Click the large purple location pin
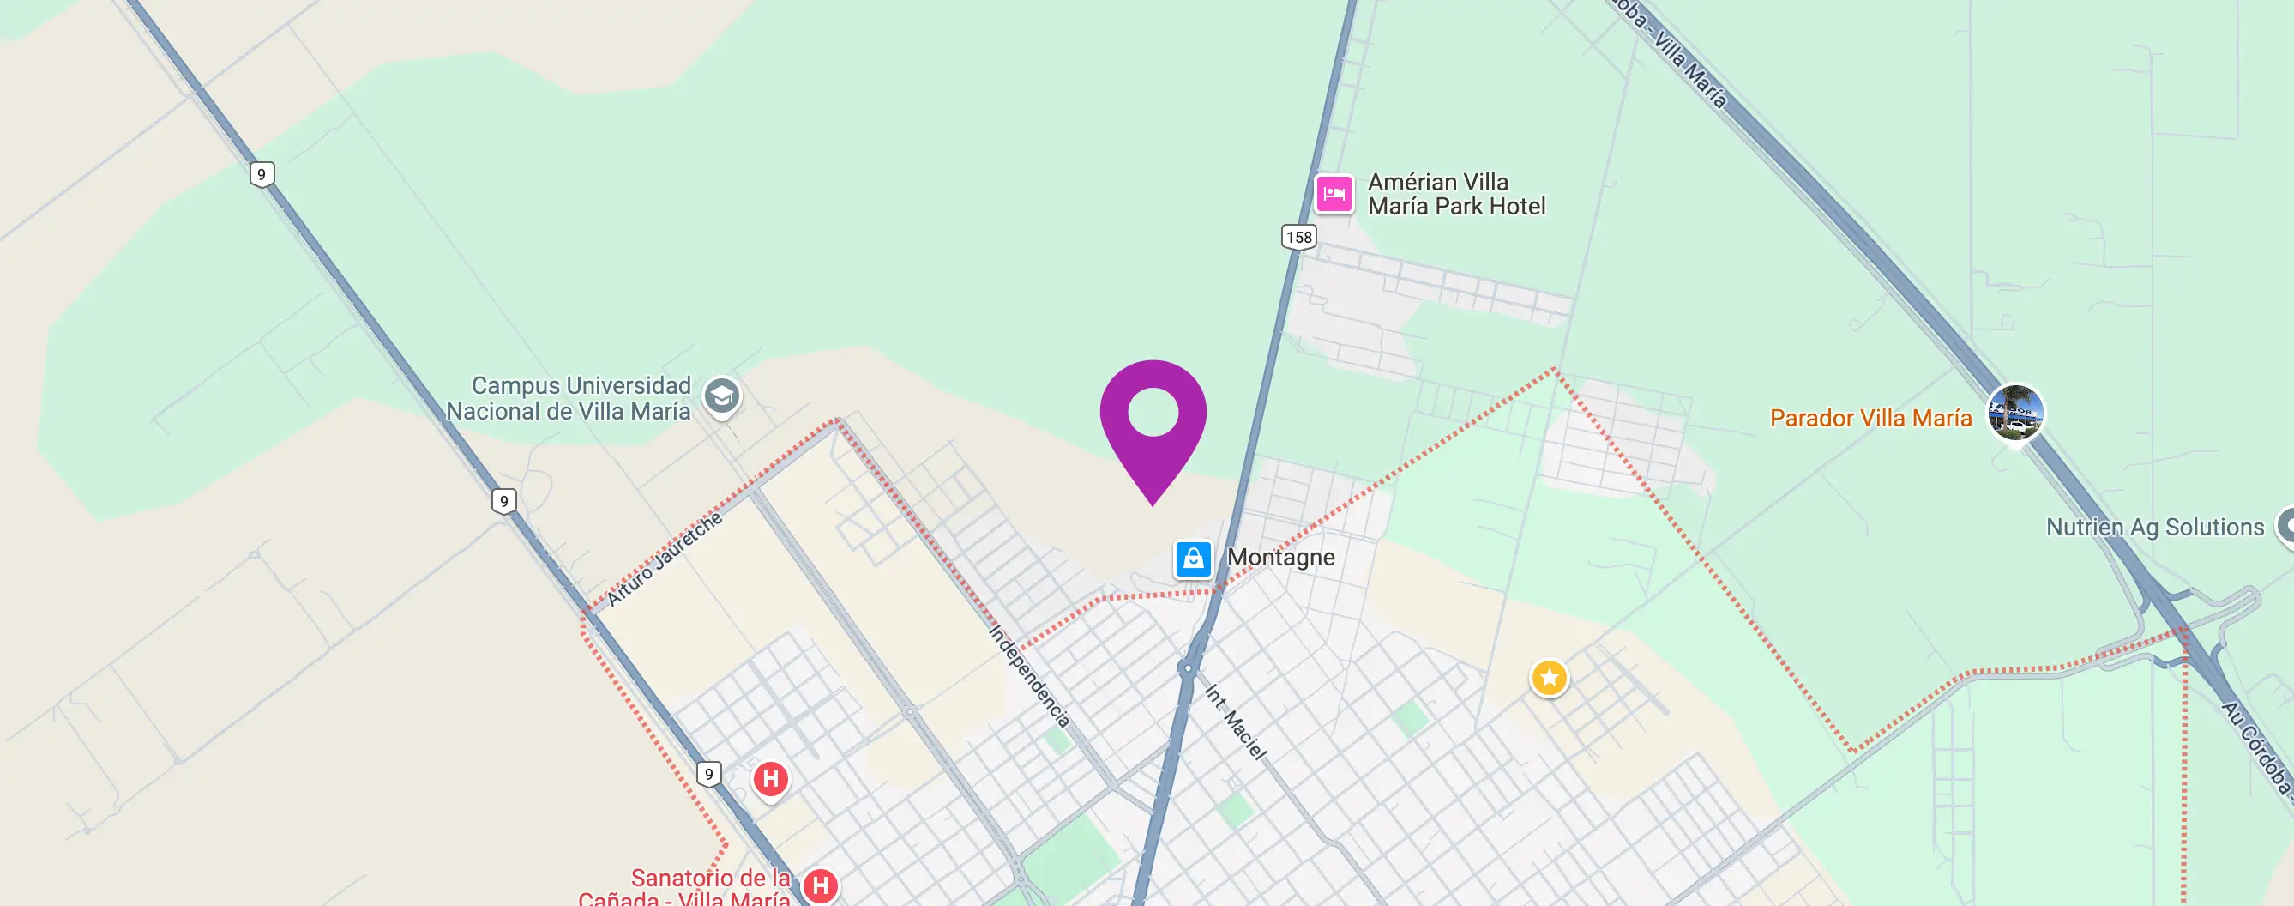[1153, 419]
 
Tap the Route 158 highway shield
[1298, 237]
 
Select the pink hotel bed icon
[1334, 193]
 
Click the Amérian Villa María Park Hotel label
[1455, 194]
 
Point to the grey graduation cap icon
[721, 396]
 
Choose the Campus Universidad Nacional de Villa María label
[569, 398]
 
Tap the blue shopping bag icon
[1192, 559]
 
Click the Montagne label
[1280, 558]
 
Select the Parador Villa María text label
[1870, 418]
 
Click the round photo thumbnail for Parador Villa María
[2015, 413]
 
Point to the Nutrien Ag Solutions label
[2154, 528]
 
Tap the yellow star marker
[1549, 678]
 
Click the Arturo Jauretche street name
[665, 559]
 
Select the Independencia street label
[1029, 675]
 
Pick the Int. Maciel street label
[1235, 722]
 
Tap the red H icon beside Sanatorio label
[820, 885]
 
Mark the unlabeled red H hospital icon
[770, 780]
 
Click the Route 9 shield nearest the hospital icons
[709, 773]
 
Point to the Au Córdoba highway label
[2255, 746]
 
